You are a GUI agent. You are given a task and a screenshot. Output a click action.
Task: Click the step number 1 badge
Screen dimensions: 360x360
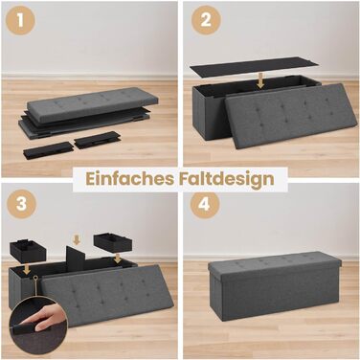[20, 20]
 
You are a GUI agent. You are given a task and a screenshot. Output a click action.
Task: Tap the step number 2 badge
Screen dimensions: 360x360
[206, 20]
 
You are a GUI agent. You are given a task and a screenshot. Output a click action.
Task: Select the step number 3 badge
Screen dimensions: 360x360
[21, 203]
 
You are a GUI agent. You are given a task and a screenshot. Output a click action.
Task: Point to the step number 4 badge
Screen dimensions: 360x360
[205, 203]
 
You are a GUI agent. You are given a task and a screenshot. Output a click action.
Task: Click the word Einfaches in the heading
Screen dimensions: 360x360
[129, 179]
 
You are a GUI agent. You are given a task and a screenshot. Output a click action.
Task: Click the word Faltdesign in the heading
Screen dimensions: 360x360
[225, 180]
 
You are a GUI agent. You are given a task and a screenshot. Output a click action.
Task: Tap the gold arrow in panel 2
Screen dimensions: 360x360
[260, 81]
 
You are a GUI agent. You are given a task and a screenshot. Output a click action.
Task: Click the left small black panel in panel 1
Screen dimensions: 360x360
[48, 149]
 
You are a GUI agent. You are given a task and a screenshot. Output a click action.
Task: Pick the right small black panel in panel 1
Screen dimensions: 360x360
[97, 140]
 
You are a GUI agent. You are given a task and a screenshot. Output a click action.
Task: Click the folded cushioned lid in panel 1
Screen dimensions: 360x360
[92, 103]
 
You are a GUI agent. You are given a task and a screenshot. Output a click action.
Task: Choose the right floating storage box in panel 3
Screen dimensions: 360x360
[112, 242]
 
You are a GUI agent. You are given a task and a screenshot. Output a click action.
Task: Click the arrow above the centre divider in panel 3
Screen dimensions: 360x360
[77, 239]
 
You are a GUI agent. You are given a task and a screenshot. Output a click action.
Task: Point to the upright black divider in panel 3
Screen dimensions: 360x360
[77, 258]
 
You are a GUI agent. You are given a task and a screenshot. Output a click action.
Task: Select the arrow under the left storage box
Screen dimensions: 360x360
[27, 268]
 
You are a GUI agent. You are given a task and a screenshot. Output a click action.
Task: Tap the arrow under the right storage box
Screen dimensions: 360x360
[118, 259]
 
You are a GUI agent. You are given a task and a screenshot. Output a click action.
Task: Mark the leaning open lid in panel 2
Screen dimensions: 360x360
[290, 117]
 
